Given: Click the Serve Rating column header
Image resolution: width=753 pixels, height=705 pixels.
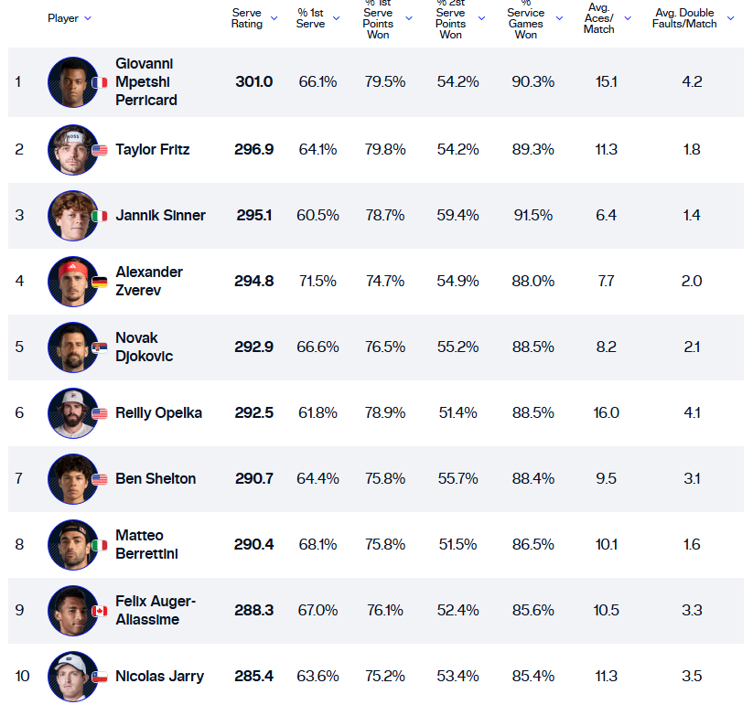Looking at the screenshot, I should click(x=247, y=17).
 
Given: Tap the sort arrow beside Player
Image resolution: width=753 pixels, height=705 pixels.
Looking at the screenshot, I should click(x=88, y=18).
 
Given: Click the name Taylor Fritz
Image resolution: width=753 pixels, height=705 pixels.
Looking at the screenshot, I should click(x=152, y=149).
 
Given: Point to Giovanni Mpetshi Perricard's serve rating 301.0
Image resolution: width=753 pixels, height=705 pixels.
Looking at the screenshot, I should click(x=253, y=82).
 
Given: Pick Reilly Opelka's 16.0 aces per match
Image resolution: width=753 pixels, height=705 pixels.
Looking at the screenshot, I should click(x=606, y=413).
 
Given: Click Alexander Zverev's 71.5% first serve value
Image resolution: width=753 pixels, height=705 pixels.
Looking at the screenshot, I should click(x=317, y=282).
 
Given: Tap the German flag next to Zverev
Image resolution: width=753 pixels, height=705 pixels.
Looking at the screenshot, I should click(x=99, y=282).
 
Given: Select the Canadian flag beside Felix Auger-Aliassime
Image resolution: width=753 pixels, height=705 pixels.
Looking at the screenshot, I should click(x=99, y=611).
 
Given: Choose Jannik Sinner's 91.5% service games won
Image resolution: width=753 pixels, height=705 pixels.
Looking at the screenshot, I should click(x=532, y=216).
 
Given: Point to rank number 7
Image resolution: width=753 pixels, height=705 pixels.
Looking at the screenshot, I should click(x=18, y=479).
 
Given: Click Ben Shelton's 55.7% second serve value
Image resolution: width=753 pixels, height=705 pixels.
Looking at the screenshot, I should click(x=457, y=479).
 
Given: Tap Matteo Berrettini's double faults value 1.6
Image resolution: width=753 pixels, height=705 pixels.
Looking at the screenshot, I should click(x=691, y=545).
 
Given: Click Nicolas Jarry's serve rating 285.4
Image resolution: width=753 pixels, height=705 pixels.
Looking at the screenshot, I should click(x=253, y=677).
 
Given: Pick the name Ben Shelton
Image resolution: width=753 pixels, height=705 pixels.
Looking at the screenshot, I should click(x=155, y=479).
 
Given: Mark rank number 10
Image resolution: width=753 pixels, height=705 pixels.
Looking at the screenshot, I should click(x=22, y=677).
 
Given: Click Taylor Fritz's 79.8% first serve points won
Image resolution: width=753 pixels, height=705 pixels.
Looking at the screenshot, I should click(x=384, y=150).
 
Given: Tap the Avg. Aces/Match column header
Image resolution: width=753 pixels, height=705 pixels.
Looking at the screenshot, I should click(x=599, y=17).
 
